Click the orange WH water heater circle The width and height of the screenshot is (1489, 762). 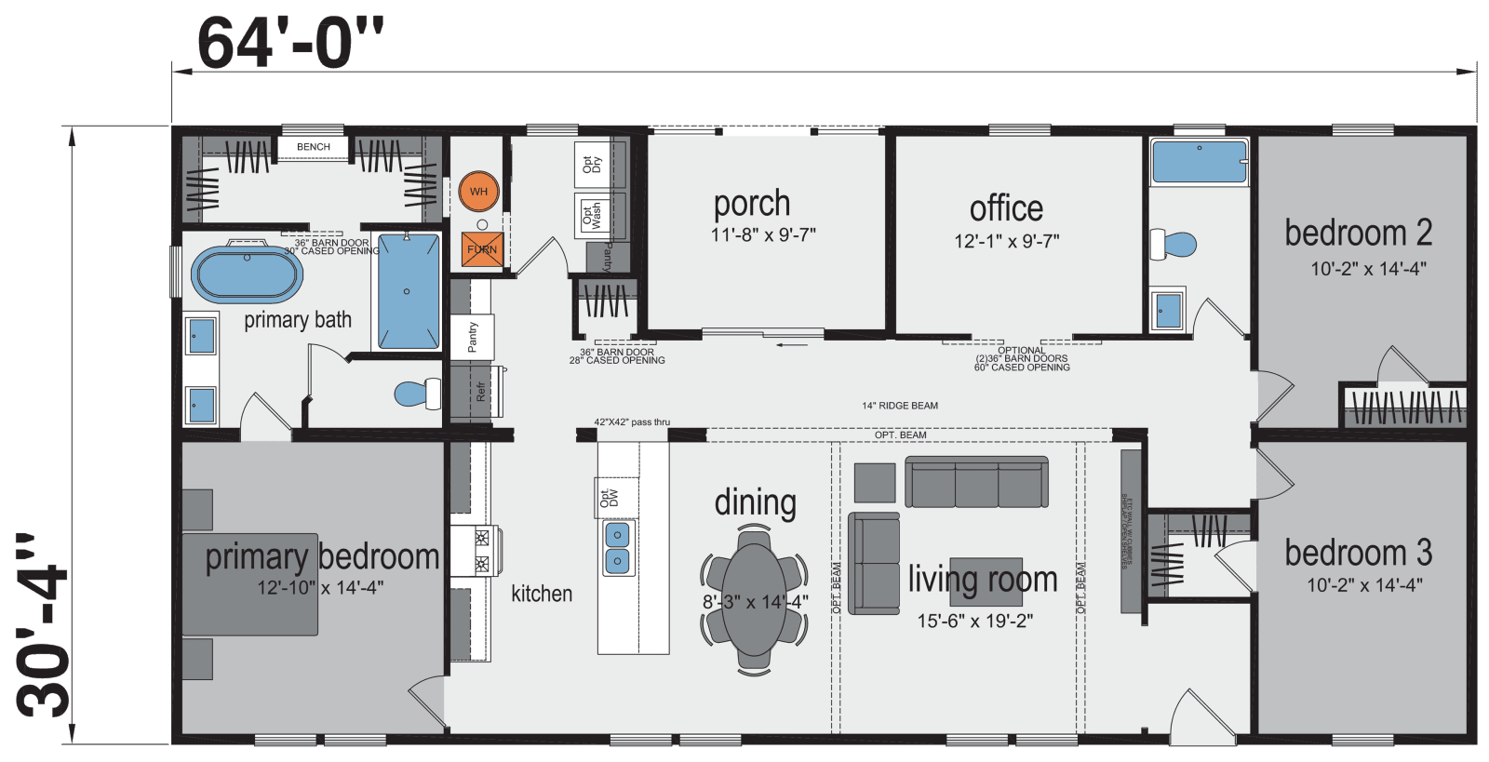478,192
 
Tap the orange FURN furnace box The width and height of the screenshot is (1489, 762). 482,249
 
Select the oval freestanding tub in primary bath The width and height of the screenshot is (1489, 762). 247,274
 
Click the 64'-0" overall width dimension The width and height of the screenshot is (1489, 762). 290,42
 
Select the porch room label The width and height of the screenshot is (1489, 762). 752,203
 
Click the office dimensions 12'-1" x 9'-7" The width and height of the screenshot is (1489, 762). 1006,241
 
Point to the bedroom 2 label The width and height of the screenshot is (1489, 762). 1358,233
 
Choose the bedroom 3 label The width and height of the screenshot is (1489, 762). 1358,553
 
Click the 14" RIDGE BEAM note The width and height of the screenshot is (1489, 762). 899,406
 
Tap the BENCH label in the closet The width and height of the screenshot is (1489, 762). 314,147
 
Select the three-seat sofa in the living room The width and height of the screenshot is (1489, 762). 976,483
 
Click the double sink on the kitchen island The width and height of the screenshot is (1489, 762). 617,548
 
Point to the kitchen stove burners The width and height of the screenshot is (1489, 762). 482,550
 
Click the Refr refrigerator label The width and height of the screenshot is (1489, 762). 480,392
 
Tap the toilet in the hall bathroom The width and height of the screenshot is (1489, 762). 1174,245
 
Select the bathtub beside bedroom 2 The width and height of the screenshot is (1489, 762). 1199,161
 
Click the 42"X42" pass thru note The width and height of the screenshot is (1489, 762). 632,422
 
